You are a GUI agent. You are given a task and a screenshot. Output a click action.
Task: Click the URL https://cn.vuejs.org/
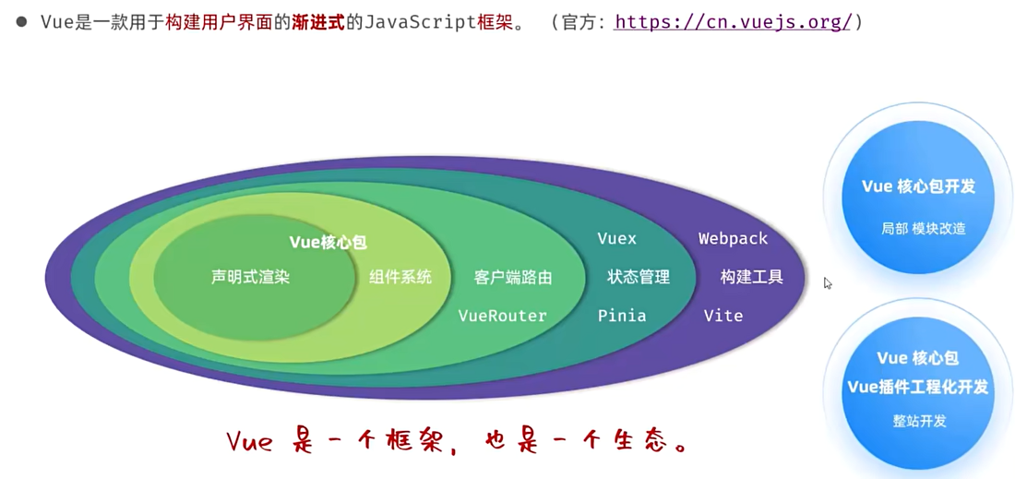tap(733, 21)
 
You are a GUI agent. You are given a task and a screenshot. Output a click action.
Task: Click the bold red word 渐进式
tap(317, 21)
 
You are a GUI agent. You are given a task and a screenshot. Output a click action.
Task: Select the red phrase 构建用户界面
tap(219, 21)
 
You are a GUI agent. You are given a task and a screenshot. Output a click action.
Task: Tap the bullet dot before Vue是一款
tap(21, 21)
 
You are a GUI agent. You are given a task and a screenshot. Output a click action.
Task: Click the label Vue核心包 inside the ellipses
tap(328, 243)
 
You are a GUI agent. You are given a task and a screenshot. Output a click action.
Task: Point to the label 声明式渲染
tap(250, 277)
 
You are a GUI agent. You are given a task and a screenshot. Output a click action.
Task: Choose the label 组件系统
tap(400, 277)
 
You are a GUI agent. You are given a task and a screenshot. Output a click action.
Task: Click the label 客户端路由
tap(513, 277)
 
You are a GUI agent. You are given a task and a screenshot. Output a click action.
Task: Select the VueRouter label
tap(503, 316)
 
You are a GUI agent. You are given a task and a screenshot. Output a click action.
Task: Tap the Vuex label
tap(616, 239)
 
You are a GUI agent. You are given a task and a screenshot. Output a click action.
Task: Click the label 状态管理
tap(639, 277)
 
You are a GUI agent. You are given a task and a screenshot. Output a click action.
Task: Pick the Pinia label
tap(622, 316)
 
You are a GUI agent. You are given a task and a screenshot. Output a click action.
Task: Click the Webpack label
tap(733, 239)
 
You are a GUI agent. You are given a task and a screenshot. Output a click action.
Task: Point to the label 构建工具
tap(752, 277)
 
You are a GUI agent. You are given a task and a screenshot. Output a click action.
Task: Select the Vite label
tap(723, 316)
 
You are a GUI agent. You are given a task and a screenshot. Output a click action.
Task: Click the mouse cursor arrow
tap(828, 283)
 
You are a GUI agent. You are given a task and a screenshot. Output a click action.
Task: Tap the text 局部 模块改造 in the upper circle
tap(923, 228)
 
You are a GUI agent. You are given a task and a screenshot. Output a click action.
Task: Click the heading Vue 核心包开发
tap(918, 186)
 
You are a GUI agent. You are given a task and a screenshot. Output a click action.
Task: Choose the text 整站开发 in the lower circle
tap(919, 421)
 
